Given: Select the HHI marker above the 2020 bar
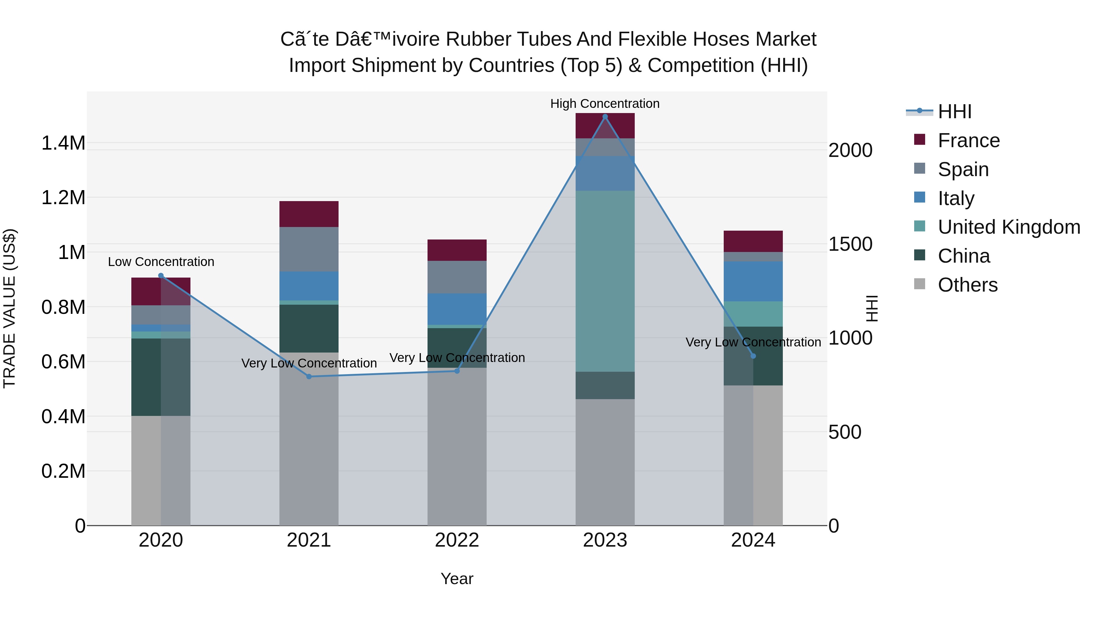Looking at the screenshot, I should [x=161, y=275].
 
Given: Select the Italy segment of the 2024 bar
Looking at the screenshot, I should [x=753, y=282].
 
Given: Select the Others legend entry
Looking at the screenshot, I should [x=967, y=285].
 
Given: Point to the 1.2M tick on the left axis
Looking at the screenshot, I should [x=63, y=197].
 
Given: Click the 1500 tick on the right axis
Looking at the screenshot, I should [x=850, y=244].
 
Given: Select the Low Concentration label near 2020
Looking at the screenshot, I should [x=161, y=261].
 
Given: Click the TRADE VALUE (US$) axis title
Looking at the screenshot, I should [x=9, y=308].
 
